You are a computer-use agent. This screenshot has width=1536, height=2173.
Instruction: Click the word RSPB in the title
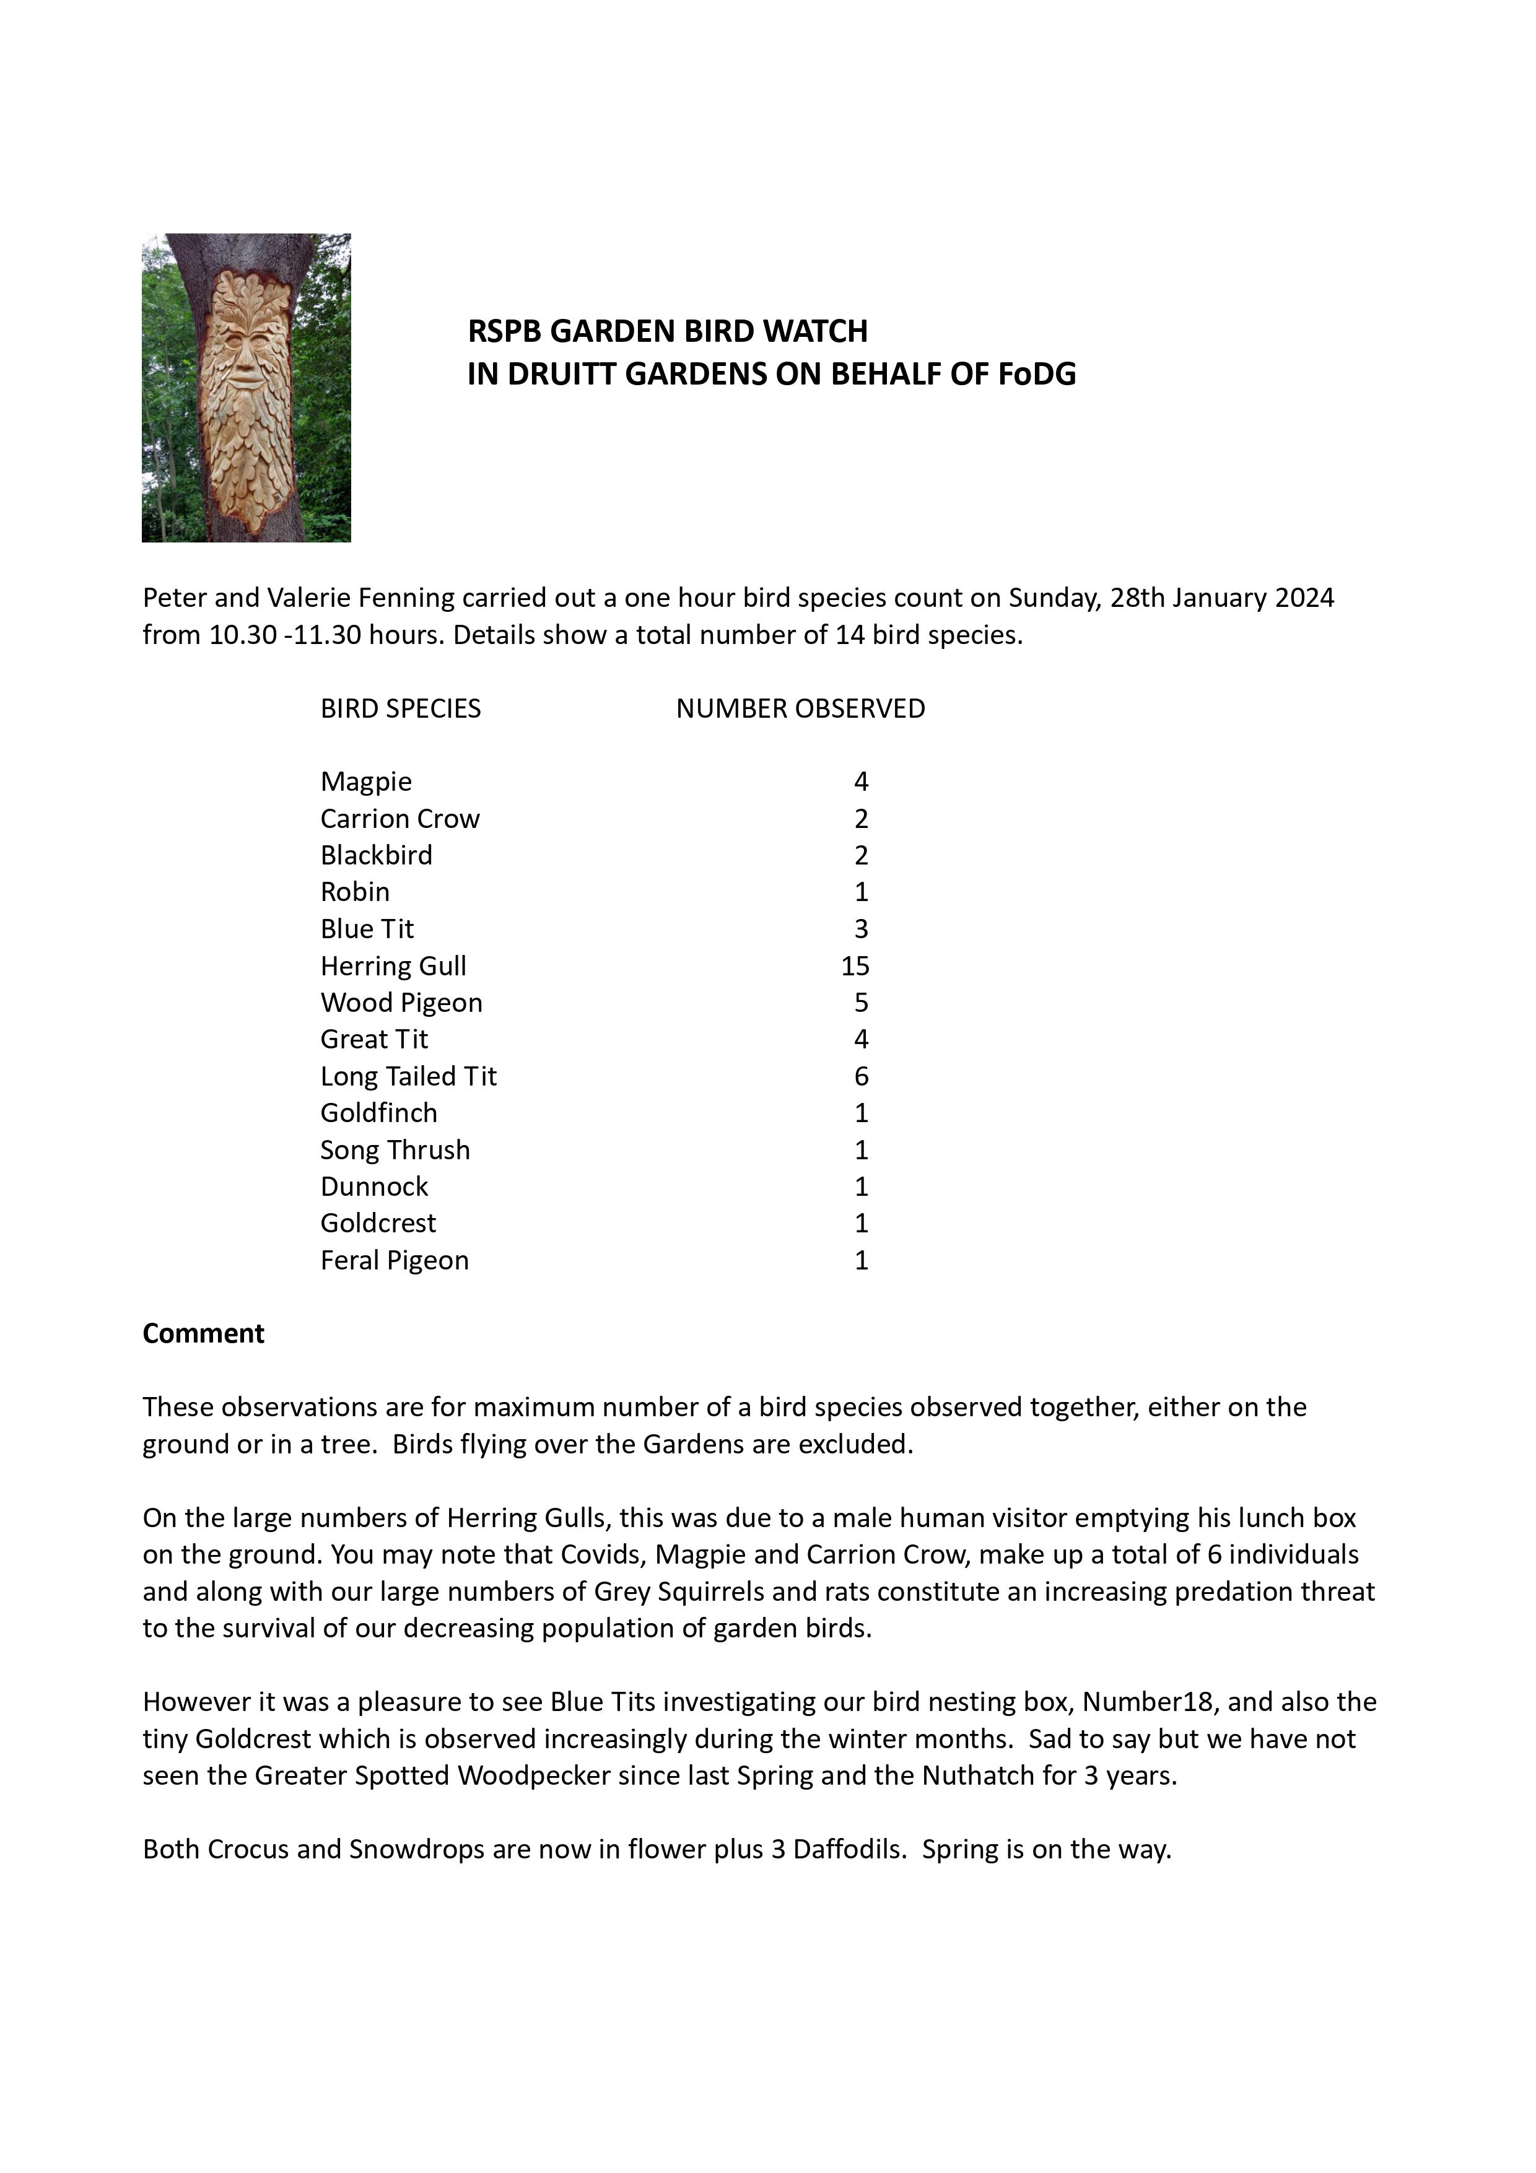[x=504, y=331]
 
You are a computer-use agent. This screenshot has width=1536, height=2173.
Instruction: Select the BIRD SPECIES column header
[x=400, y=709]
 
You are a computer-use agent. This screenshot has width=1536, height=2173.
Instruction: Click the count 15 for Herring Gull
[x=855, y=966]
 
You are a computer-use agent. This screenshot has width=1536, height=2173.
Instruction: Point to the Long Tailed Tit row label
[x=408, y=1076]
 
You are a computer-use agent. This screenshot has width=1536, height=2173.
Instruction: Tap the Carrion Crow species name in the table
[x=399, y=819]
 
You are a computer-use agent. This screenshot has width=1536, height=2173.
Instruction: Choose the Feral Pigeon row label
[x=394, y=1261]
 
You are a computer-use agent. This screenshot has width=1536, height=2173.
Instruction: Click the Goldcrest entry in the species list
[x=378, y=1224]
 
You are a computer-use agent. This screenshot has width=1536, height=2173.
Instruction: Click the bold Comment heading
[x=204, y=1333]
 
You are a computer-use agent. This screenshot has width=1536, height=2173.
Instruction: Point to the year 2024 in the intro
[x=1304, y=598]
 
